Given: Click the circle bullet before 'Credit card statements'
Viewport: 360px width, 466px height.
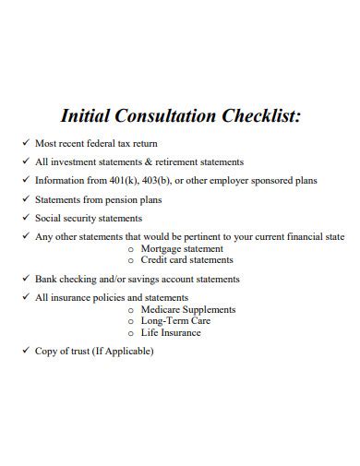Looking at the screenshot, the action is [x=132, y=260].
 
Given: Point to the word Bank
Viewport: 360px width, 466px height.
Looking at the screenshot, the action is [x=45, y=279].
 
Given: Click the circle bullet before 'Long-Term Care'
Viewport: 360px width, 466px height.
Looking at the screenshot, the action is [x=132, y=321].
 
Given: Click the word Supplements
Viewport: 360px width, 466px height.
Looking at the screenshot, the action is [x=210, y=310].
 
